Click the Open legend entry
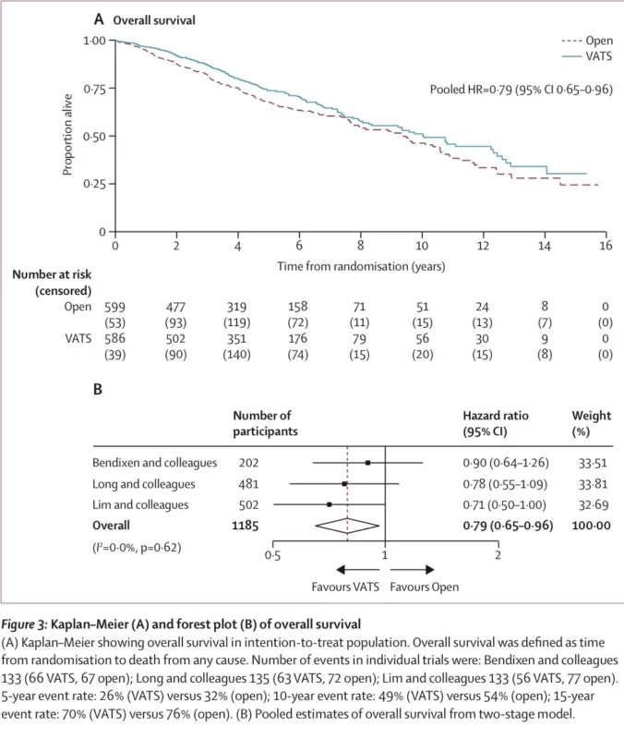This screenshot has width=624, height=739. (583, 41)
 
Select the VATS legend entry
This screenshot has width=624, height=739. (583, 57)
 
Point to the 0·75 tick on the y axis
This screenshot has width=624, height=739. (94, 89)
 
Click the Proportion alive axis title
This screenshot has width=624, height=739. (68, 136)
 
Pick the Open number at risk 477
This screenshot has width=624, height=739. (176, 307)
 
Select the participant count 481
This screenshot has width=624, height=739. (248, 483)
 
